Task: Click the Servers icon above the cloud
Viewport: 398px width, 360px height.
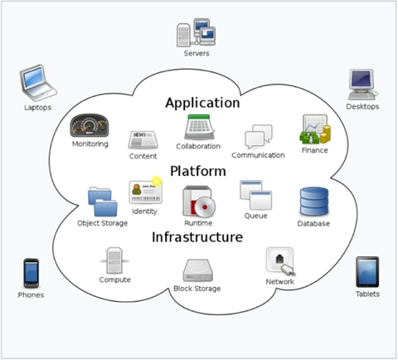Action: click(x=196, y=32)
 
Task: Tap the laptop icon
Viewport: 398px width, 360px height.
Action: click(x=38, y=83)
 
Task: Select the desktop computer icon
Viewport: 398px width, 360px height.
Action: click(x=362, y=85)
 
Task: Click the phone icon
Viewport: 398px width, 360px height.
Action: click(x=31, y=273)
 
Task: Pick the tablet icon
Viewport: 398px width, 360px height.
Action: click(x=367, y=272)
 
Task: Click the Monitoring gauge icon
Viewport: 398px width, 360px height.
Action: click(x=90, y=125)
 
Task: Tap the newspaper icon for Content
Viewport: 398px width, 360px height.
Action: click(x=143, y=140)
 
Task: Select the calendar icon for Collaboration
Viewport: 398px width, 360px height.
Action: click(x=199, y=127)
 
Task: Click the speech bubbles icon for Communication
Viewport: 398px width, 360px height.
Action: click(x=259, y=137)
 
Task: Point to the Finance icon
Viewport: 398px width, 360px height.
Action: click(x=315, y=129)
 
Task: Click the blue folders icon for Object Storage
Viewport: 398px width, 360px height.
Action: click(x=103, y=202)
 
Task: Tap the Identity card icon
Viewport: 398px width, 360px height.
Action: click(x=146, y=192)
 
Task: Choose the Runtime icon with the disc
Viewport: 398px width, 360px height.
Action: click(x=199, y=202)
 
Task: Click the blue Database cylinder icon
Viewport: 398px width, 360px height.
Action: click(x=314, y=202)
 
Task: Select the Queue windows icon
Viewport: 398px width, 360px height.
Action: click(x=256, y=195)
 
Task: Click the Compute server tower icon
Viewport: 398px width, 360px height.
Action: click(x=114, y=260)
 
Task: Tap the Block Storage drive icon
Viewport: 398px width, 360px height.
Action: click(x=198, y=270)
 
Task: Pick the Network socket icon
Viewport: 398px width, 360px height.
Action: click(x=280, y=261)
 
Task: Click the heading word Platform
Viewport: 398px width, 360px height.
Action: click(x=198, y=171)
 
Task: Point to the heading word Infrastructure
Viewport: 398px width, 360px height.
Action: click(x=197, y=237)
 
